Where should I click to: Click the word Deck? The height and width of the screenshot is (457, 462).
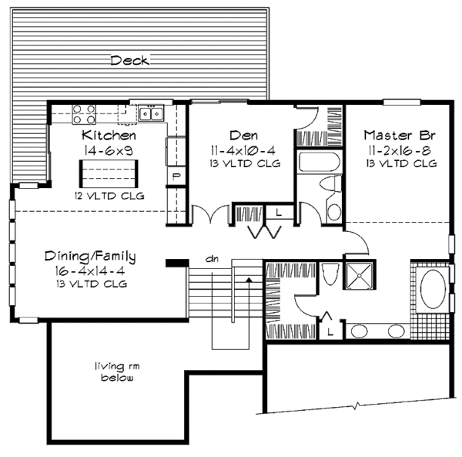(x=129, y=60)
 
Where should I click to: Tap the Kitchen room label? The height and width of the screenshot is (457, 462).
(x=109, y=136)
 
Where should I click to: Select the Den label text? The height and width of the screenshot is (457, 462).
(x=243, y=136)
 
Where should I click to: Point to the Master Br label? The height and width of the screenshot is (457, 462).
(x=400, y=136)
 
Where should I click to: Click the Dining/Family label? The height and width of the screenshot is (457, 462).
(x=90, y=257)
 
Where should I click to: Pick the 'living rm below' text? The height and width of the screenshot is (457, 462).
(x=117, y=371)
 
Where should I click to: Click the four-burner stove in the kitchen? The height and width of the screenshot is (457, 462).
(x=84, y=114)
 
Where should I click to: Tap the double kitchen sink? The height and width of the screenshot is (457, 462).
(x=151, y=113)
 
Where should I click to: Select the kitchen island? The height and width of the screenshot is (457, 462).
(x=109, y=174)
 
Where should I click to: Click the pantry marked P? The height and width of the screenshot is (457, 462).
(x=176, y=176)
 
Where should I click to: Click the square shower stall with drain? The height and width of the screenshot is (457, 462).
(x=359, y=275)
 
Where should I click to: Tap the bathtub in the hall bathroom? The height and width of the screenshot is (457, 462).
(x=320, y=162)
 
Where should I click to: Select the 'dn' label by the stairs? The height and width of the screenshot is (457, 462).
(x=213, y=259)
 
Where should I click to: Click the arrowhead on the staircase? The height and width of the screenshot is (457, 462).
(x=249, y=280)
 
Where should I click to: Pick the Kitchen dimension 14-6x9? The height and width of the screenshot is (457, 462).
(x=109, y=151)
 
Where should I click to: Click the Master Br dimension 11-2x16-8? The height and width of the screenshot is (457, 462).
(x=400, y=151)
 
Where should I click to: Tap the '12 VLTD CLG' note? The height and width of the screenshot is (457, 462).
(x=109, y=196)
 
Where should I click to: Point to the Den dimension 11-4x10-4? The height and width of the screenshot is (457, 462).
(x=243, y=151)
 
